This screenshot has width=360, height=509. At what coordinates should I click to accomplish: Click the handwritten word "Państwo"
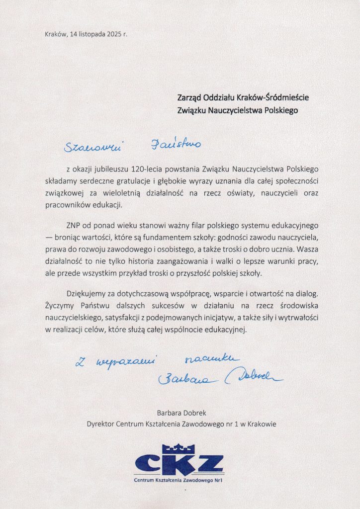pyautogui.click(x=176, y=145)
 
